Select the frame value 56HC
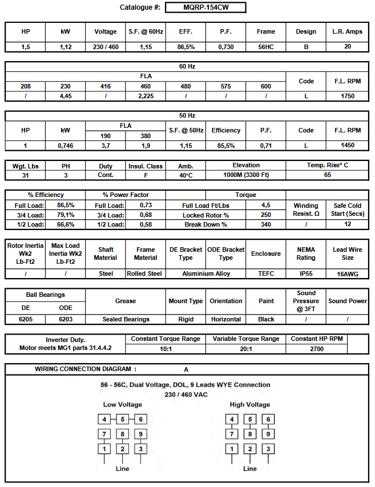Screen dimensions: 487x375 (265, 47)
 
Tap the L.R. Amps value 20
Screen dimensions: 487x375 (347, 47)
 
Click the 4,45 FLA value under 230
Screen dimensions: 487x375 (66, 96)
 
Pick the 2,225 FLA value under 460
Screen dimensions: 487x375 (146, 96)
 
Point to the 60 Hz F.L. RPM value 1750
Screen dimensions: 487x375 (347, 96)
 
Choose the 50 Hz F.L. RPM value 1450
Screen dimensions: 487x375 (347, 146)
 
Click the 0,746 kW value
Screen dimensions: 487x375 (66, 146)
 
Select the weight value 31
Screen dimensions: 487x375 (25, 175)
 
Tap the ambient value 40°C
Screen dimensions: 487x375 (186, 175)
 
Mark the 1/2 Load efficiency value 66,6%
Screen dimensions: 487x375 (66, 224)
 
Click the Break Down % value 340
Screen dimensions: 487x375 (265, 224)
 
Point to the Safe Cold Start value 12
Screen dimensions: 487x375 (347, 224)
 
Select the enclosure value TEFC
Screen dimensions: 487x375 (265, 273)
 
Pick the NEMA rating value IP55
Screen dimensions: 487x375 (306, 273)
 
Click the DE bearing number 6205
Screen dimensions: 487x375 (25, 319)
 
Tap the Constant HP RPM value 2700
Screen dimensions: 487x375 (316, 349)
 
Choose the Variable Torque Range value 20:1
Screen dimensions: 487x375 (245, 349)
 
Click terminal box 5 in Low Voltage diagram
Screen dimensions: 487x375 (122, 420)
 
